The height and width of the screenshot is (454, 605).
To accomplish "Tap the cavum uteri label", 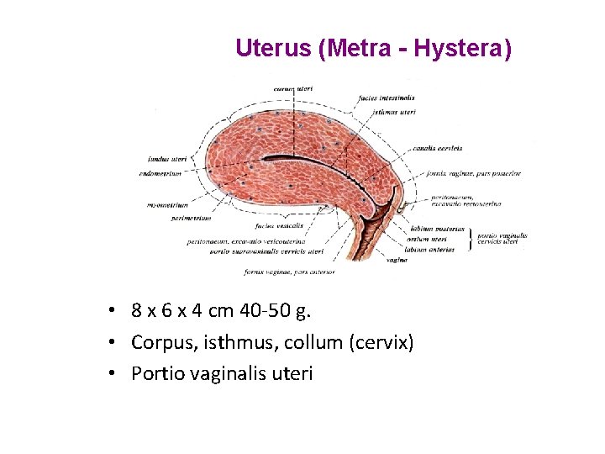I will click(x=292, y=87).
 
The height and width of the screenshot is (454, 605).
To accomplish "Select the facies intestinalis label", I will click(x=386, y=98).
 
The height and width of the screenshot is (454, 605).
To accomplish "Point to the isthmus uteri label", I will click(x=393, y=111).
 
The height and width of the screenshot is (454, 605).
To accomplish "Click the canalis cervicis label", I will click(x=437, y=148).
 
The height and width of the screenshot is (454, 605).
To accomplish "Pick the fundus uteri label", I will click(x=167, y=158).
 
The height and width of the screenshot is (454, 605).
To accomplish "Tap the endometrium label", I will click(x=165, y=174).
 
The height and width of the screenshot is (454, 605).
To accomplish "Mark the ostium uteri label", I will click(x=426, y=240).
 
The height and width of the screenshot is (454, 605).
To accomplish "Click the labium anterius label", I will click(x=431, y=250).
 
